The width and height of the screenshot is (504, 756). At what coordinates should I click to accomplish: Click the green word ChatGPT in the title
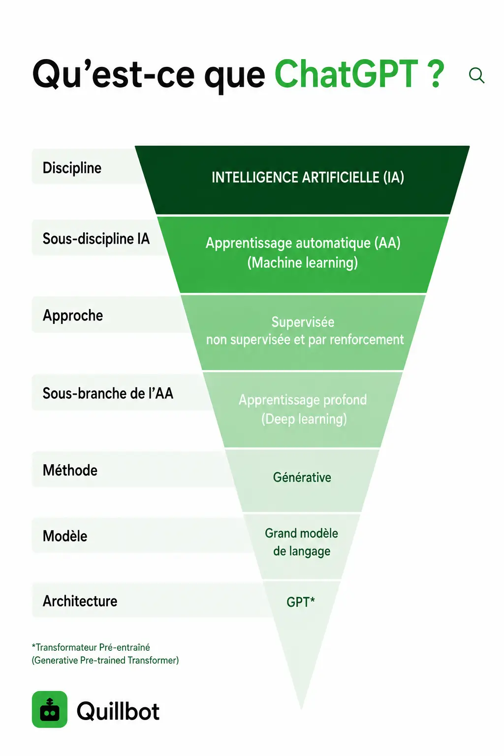pyautogui.click(x=346, y=73)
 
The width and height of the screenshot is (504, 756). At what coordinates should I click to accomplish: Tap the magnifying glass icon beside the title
pyautogui.click(x=476, y=75)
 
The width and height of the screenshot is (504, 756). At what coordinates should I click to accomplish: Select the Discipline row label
pyautogui.click(x=72, y=168)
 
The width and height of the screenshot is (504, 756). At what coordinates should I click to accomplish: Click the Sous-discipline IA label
pyautogui.click(x=96, y=239)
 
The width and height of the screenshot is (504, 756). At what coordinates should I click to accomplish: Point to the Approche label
pyautogui.click(x=72, y=315)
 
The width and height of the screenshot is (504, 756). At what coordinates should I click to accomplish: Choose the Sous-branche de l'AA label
pyautogui.click(x=108, y=393)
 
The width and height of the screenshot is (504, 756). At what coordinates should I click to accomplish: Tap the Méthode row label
pyautogui.click(x=70, y=470)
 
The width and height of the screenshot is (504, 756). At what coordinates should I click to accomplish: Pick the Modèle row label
pyautogui.click(x=65, y=536)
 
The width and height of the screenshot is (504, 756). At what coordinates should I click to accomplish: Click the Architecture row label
pyautogui.click(x=80, y=601)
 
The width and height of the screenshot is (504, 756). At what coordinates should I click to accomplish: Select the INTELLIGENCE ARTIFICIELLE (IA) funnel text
pyautogui.click(x=308, y=178)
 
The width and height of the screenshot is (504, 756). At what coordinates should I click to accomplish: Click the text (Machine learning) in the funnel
pyautogui.click(x=303, y=262)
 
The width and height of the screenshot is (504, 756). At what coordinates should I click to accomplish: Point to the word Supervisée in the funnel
pyautogui.click(x=303, y=322)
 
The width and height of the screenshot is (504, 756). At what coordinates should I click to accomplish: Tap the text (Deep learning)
pyautogui.click(x=304, y=419)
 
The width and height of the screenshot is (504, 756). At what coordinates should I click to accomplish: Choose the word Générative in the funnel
pyautogui.click(x=302, y=477)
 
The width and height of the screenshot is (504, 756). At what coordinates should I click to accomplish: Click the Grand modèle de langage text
pyautogui.click(x=301, y=542)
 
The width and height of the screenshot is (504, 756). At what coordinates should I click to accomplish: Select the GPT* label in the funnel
pyautogui.click(x=300, y=602)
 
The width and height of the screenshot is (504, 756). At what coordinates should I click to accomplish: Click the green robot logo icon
pyautogui.click(x=50, y=709)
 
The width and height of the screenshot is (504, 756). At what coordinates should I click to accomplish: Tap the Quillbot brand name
pyautogui.click(x=118, y=710)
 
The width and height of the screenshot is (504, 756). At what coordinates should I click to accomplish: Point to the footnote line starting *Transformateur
pyautogui.click(x=91, y=647)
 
